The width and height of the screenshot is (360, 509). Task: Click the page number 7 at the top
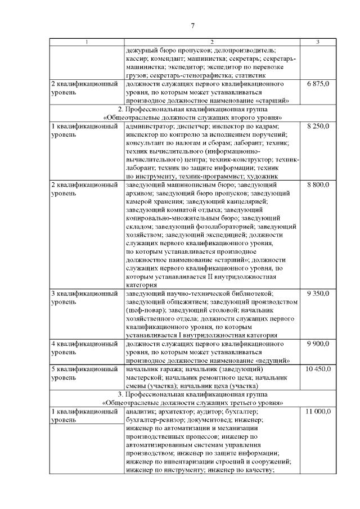pyautogui.click(x=192, y=25)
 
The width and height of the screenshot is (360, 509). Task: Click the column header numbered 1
pyautogui.click(x=86, y=42)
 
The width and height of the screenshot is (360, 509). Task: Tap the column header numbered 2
pyautogui.click(x=212, y=42)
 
